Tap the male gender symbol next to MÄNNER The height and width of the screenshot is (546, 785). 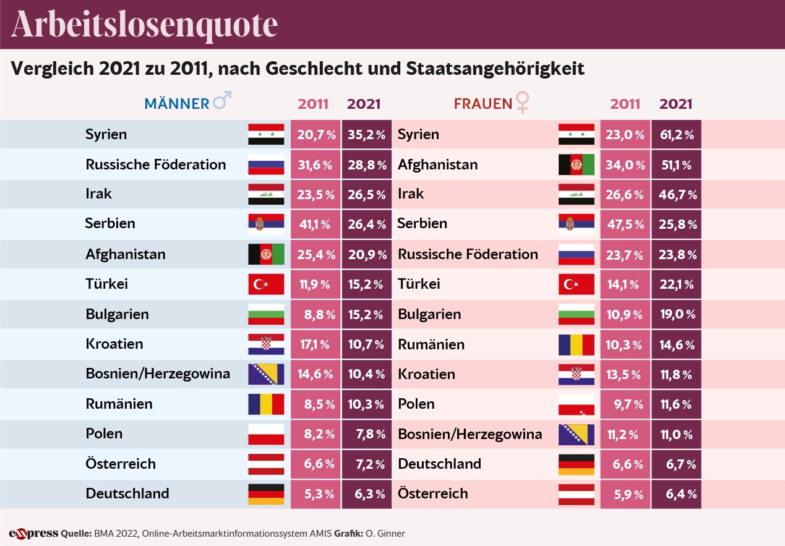pos(221,101)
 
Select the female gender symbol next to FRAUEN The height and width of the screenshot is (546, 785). pos(523,102)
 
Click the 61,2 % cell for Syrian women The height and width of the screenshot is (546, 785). pos(676,135)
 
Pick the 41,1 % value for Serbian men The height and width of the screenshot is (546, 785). pos(315,224)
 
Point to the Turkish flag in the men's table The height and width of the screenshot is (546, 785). pos(266,284)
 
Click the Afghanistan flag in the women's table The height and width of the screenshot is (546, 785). pos(576,165)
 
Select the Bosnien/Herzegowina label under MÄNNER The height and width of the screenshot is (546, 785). pos(158,373)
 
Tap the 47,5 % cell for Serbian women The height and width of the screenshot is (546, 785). pos(625,224)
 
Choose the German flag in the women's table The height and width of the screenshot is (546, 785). pos(576,464)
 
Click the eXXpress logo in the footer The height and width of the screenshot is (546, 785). pos(33,533)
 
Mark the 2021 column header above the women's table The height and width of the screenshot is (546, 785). pos(676,104)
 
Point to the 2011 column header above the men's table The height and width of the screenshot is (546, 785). pos(314,104)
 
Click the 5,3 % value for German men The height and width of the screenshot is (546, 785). pos(315,494)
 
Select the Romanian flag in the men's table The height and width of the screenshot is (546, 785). pos(266,404)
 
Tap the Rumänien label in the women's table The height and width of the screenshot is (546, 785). pos(431,344)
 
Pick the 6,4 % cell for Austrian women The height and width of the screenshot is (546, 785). pos(676,494)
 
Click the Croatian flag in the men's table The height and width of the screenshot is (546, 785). pos(266,344)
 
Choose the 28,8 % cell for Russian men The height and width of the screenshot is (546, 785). pos(366,165)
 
